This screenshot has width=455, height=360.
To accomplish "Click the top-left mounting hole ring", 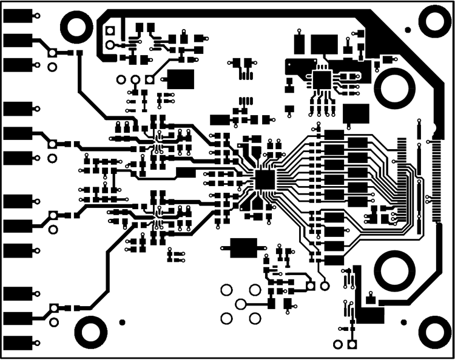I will [x=76, y=26].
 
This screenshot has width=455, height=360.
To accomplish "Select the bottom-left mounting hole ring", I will [x=90, y=331].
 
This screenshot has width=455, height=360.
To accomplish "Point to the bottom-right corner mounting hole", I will [x=436, y=331].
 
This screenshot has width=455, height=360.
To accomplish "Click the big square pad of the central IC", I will [x=265, y=179].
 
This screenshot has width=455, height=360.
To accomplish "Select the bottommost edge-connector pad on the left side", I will [x=18, y=342].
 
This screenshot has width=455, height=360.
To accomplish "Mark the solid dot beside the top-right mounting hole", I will [x=408, y=30].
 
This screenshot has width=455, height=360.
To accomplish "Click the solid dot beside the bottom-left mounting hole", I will [x=122, y=322].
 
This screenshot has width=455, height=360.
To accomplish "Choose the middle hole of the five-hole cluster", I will [x=241, y=304].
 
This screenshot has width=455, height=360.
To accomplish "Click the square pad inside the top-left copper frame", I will [x=110, y=30].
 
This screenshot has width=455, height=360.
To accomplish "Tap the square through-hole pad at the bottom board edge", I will [x=351, y=345].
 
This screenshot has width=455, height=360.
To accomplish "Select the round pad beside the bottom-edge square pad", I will [x=337, y=345].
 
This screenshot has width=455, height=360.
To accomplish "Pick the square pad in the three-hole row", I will [x=149, y=79].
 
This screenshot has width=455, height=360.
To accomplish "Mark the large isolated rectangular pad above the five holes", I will [x=243, y=247].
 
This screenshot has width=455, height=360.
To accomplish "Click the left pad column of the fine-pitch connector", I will [x=402, y=176].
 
